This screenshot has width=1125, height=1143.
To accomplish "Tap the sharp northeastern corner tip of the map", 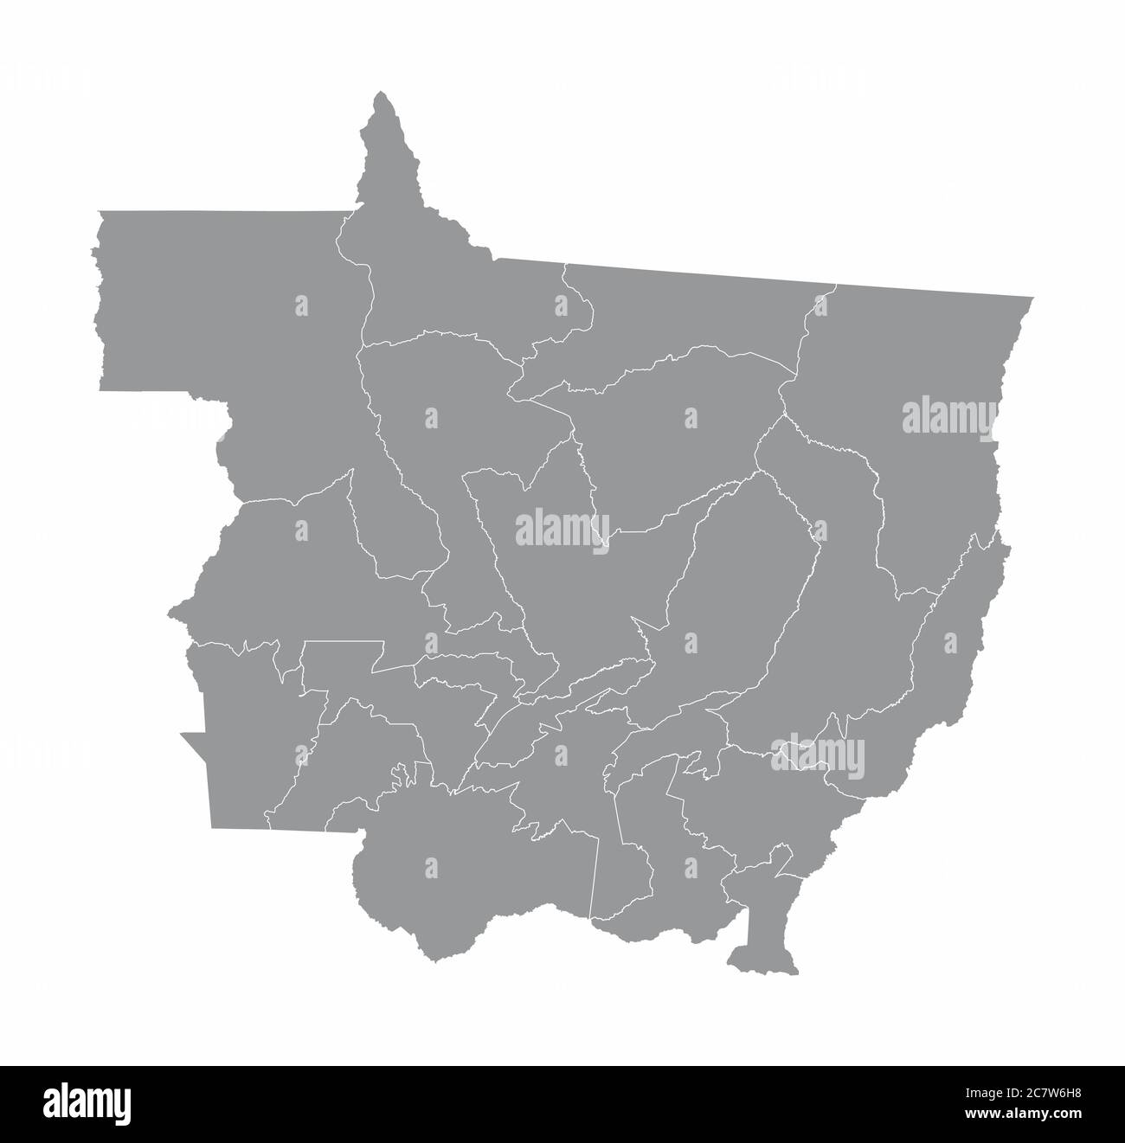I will click(1032, 298).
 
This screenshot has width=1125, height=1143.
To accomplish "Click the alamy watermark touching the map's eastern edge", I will click(950, 416).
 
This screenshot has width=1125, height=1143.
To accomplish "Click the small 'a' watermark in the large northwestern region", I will click(301, 305).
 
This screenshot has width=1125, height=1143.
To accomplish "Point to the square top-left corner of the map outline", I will click(100, 211).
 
